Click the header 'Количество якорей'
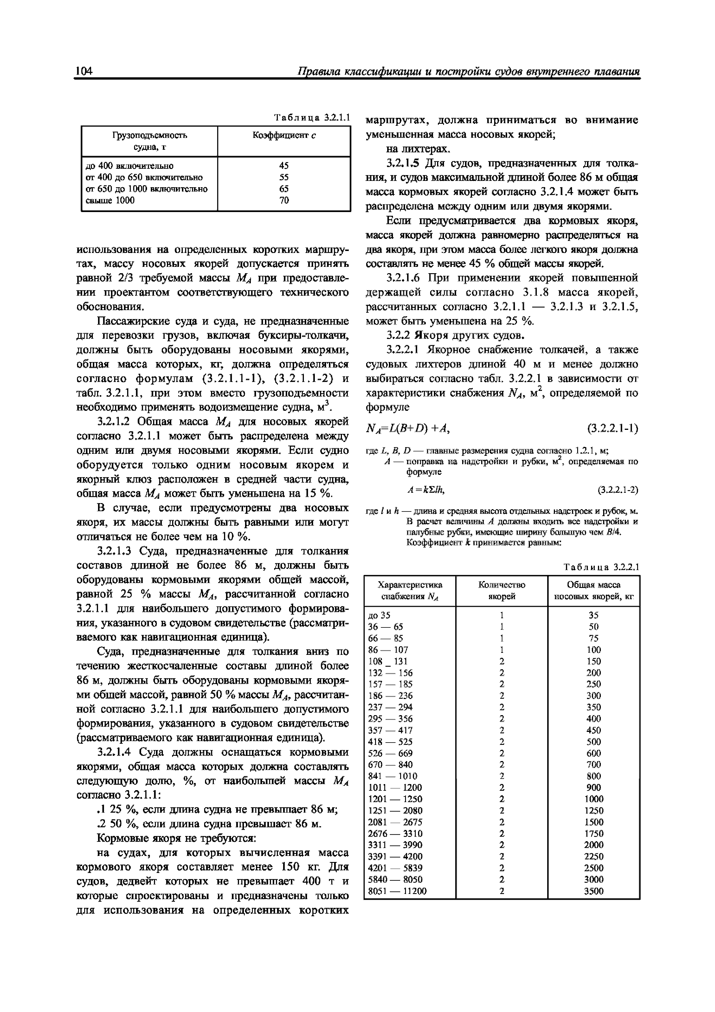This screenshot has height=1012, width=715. pos(501,591)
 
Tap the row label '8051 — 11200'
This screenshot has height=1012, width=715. pos(397,891)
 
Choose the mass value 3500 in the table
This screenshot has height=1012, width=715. pos(593,891)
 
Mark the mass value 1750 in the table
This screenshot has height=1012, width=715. pos(593,833)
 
